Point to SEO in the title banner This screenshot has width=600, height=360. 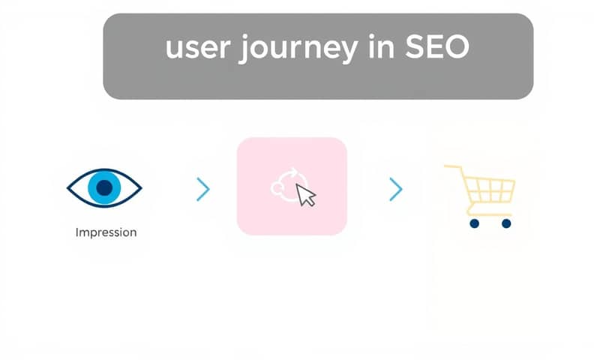coord(438,49)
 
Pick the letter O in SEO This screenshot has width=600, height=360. coord(457,49)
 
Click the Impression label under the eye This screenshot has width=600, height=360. coord(106,232)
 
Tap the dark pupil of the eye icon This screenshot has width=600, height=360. coord(105,187)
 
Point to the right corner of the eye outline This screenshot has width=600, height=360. coord(140,187)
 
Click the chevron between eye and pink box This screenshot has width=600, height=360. coord(202,190)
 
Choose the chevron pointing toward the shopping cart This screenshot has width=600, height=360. coord(396,190)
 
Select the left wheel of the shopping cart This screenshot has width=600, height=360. coord(473,223)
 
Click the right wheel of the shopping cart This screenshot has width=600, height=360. coord(506,223)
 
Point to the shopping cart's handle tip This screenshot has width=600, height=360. coord(446,167)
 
